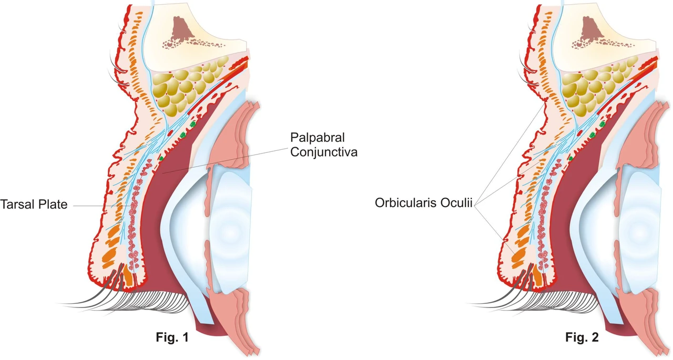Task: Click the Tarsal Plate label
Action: (x=34, y=204)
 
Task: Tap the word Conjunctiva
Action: (x=324, y=152)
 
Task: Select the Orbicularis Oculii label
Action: (x=424, y=203)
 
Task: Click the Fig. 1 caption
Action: (x=172, y=337)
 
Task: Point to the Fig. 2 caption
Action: (x=582, y=337)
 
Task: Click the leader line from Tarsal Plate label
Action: (x=101, y=205)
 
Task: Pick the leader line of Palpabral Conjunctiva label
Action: (x=225, y=161)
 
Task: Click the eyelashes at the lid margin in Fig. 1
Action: (x=126, y=300)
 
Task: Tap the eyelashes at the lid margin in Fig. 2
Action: (x=536, y=300)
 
